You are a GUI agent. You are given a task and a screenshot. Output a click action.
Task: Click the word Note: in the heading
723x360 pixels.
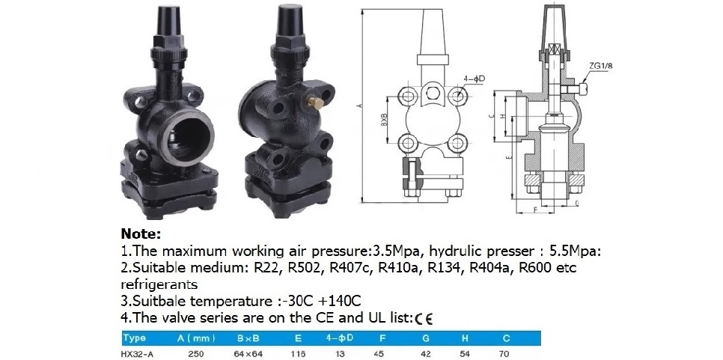(x=141, y=234)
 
